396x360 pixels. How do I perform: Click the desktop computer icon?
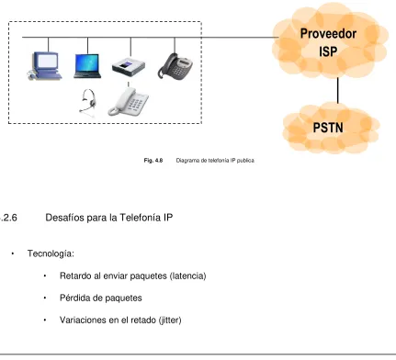(44, 66)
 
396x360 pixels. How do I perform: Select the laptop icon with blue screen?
(87, 66)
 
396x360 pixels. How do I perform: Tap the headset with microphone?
(87, 103)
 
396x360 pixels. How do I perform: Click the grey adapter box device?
(129, 68)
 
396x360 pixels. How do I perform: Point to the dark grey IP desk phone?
(175, 66)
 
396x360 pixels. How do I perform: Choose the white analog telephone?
(128, 102)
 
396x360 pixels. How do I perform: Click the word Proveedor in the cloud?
(328, 34)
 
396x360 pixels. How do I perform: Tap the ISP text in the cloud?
(328, 51)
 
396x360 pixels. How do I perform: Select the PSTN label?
(328, 128)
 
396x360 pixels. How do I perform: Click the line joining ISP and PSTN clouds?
(338, 91)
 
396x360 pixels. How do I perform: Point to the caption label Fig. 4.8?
(153, 161)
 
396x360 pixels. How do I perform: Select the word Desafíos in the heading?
(65, 218)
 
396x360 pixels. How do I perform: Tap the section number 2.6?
(9, 218)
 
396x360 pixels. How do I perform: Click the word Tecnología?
(51, 253)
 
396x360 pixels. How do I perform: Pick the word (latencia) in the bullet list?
(187, 276)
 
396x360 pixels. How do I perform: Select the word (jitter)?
(170, 321)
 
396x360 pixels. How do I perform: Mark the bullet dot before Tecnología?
(13, 253)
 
